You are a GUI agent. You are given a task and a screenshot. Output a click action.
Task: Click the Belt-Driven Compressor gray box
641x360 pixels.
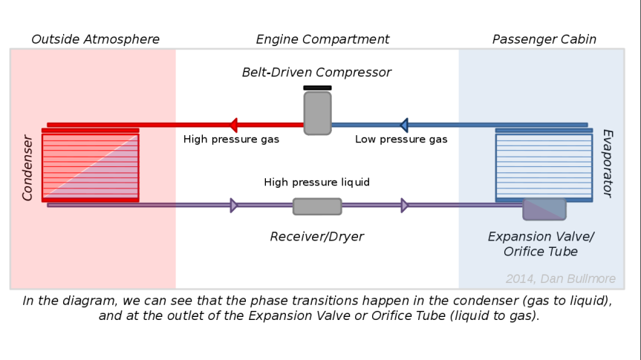[x=317, y=114]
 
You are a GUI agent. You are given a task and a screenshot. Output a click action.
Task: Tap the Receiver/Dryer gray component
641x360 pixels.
[x=317, y=206]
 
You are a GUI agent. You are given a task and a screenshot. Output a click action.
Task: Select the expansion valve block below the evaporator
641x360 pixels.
[x=544, y=209]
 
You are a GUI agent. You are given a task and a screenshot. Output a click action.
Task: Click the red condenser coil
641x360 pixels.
[x=90, y=166]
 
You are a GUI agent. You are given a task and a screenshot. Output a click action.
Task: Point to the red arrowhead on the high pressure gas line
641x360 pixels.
[x=232, y=125]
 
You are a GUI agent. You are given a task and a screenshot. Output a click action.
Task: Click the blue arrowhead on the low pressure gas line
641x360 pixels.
[x=403, y=125]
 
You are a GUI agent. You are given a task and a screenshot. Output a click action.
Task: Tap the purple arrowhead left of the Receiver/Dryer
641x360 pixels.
[x=233, y=206]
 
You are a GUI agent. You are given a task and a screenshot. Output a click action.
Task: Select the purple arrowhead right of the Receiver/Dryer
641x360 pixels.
[x=404, y=206]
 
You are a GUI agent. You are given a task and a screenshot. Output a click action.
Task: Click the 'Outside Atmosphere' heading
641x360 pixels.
[x=95, y=39]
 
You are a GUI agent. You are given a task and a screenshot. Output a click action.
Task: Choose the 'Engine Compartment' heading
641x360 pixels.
[x=322, y=39]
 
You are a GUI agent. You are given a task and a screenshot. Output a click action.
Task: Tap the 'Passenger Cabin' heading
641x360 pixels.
[x=544, y=39]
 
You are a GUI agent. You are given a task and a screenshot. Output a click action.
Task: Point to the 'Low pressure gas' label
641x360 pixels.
[x=401, y=140]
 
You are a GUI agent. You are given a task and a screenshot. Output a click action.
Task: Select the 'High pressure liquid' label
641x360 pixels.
[x=316, y=183]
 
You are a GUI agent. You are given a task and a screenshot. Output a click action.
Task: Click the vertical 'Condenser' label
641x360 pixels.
[x=27, y=167]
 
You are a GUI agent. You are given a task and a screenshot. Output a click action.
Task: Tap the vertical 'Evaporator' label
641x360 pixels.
[x=607, y=163]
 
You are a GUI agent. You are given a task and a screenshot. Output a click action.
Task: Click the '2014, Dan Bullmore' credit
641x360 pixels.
[x=560, y=279]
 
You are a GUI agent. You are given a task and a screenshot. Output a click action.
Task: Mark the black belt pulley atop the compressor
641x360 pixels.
[x=317, y=88]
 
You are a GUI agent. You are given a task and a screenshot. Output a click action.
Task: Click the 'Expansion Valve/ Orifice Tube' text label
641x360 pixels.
[x=541, y=244]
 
